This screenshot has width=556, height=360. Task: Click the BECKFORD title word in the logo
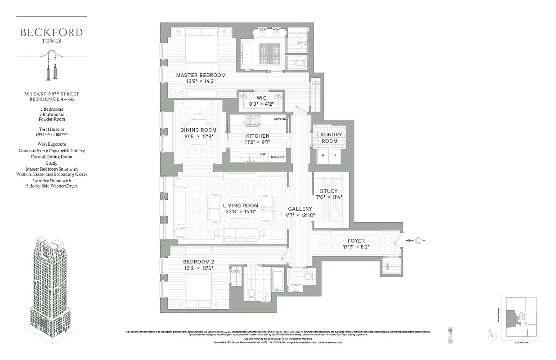(51, 32)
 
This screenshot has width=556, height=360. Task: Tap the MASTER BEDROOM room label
(201, 75)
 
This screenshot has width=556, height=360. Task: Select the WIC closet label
(261, 98)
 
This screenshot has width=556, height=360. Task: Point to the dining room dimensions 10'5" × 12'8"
(198, 136)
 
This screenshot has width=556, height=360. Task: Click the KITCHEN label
(258, 136)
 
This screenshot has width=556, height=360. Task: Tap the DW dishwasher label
(263, 154)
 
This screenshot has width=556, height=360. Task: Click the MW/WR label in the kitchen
(280, 119)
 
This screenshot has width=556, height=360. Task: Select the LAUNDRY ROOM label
(330, 138)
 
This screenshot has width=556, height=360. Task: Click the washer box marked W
(323, 156)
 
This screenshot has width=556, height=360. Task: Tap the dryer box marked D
(334, 156)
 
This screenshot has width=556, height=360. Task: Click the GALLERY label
(300, 209)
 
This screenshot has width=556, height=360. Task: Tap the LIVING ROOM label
(241, 206)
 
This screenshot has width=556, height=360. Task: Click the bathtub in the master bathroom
(247, 54)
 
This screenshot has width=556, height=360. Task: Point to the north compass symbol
(491, 332)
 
